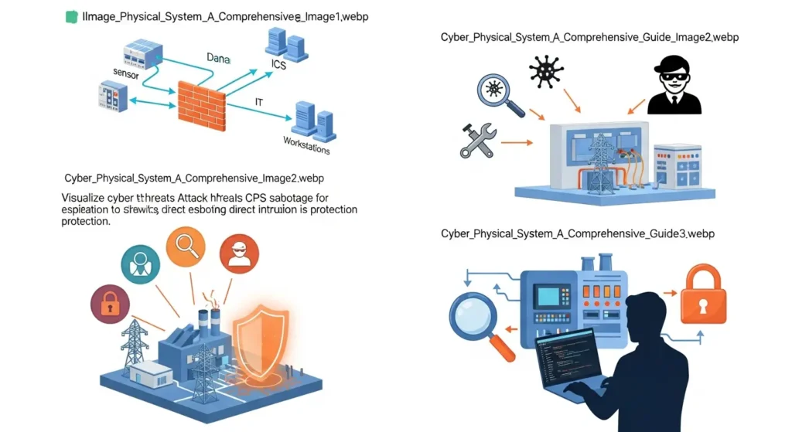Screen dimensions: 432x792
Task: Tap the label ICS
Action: pos(278,66)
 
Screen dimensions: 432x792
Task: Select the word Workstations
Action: pos(306,145)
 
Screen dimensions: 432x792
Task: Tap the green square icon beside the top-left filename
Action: pos(72,16)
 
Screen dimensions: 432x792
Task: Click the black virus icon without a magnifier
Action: pos(547,73)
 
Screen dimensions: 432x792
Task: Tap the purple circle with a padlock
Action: pos(111,304)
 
